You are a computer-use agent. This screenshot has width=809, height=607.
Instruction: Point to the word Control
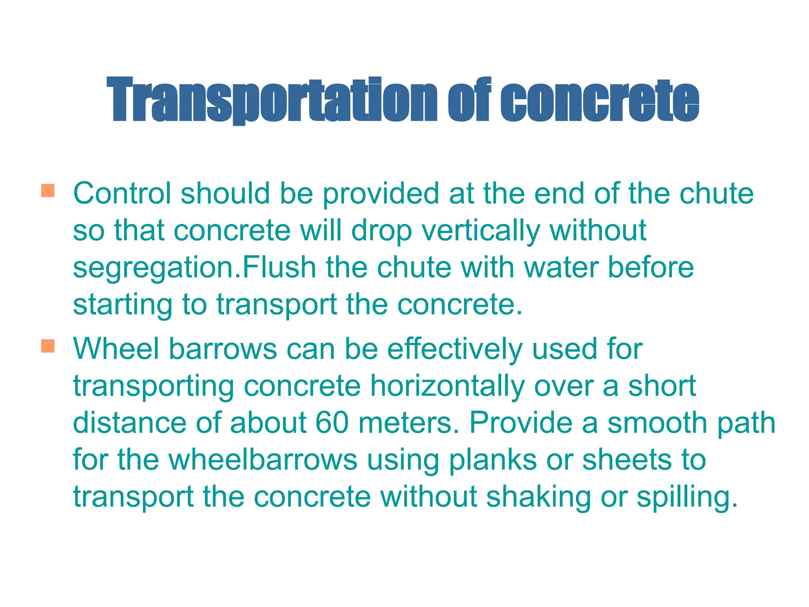click(x=122, y=193)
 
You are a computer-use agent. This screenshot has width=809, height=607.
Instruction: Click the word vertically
click(x=481, y=231)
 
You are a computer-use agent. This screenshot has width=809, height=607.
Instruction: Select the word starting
click(x=122, y=305)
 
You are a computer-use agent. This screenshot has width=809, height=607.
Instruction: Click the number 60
click(x=332, y=422)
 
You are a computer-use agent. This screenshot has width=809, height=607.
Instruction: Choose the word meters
click(x=409, y=422)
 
